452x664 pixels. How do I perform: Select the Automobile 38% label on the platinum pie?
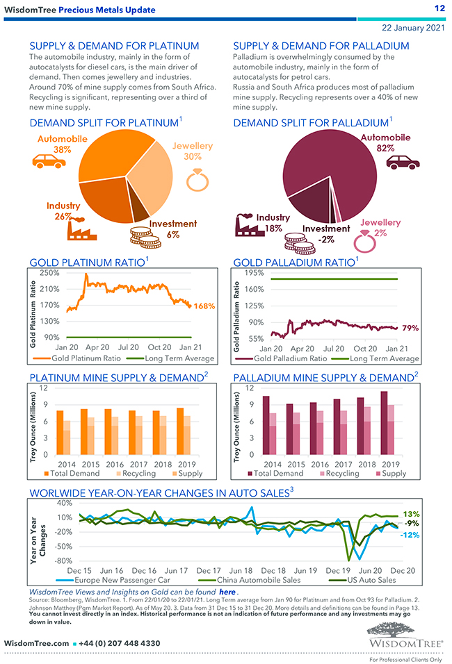click(x=63, y=144)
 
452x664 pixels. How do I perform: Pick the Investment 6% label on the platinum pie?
click(x=172, y=229)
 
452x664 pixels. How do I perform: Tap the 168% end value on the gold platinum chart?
click(x=204, y=306)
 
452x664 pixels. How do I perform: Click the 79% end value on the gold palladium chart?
click(x=410, y=328)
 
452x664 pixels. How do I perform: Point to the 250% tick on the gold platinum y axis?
click(x=49, y=272)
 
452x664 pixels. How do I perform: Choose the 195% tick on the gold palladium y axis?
click(x=253, y=272)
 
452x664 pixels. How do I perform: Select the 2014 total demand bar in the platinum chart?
click(x=60, y=432)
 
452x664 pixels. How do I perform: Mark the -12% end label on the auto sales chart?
click(x=410, y=535)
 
